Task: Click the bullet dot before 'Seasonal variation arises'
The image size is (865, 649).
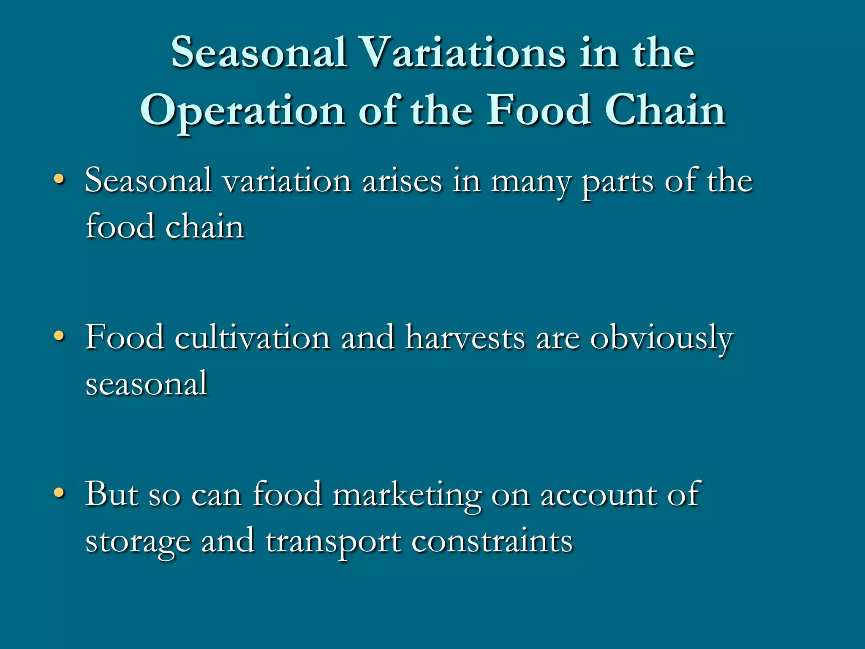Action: coord(60,180)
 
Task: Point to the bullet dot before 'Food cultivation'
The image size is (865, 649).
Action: coord(60,337)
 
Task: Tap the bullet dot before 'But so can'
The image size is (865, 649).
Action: coord(60,493)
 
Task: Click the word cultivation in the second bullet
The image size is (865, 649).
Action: coord(252,338)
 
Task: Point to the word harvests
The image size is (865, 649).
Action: coord(465,338)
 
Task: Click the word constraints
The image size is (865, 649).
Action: coord(492,541)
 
